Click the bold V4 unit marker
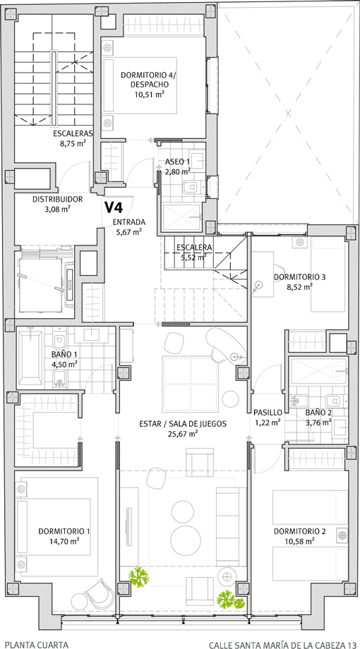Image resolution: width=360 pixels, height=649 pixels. [x=113, y=207]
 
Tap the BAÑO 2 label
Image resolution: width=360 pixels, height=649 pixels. [x=318, y=413]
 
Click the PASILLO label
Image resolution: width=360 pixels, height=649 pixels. [x=268, y=413]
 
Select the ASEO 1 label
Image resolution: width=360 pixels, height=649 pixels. [x=177, y=162]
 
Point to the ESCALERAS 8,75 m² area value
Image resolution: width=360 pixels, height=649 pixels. [x=73, y=144]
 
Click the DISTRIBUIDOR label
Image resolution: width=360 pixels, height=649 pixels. [x=58, y=199]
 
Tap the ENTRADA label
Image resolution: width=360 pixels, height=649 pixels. [x=129, y=222]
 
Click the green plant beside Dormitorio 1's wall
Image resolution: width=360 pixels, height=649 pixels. [x=138, y=577]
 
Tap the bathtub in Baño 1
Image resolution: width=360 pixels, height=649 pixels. [x=30, y=357]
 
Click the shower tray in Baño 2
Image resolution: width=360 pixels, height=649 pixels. [x=318, y=371]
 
